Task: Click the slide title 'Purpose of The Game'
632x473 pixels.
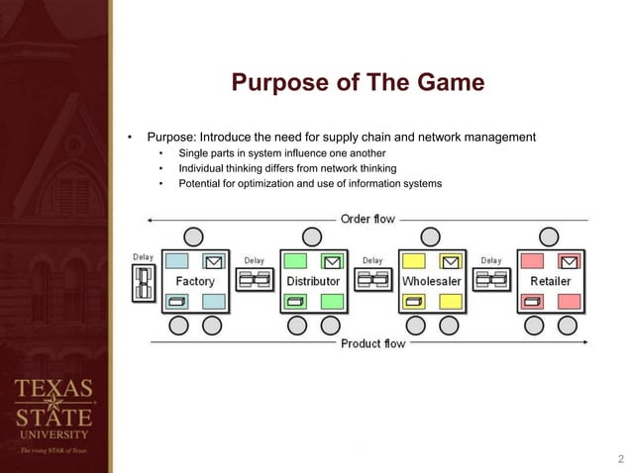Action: pyautogui.click(x=358, y=82)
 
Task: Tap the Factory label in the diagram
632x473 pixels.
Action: pyautogui.click(x=195, y=281)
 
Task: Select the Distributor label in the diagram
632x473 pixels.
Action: pyautogui.click(x=312, y=281)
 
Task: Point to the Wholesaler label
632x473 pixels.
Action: pyautogui.click(x=431, y=281)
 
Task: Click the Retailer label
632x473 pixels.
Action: pyautogui.click(x=550, y=281)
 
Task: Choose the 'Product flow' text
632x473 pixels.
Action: pyautogui.click(x=372, y=343)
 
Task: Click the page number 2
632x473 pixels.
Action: pyautogui.click(x=620, y=458)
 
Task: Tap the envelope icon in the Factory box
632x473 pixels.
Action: pyautogui.click(x=214, y=262)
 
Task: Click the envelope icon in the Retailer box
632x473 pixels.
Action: pyautogui.click(x=568, y=262)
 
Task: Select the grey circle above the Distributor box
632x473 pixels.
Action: pyautogui.click(x=312, y=236)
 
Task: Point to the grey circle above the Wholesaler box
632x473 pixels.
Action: pyautogui.click(x=431, y=236)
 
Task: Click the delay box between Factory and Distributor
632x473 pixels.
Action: pyautogui.click(x=255, y=281)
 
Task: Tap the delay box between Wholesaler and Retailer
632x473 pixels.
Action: pyautogui.click(x=491, y=281)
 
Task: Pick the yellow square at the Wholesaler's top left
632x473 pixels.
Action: pyautogui.click(x=413, y=261)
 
